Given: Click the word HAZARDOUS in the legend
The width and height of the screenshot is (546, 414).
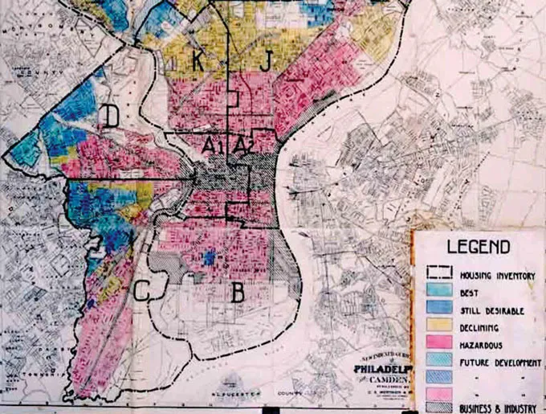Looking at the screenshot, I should [486, 345].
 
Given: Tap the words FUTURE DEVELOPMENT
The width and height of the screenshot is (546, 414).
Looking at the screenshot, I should [500, 362].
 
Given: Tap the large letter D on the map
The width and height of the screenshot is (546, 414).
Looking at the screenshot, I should [111, 118].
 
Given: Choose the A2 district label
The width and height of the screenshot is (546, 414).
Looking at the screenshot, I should [242, 146].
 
